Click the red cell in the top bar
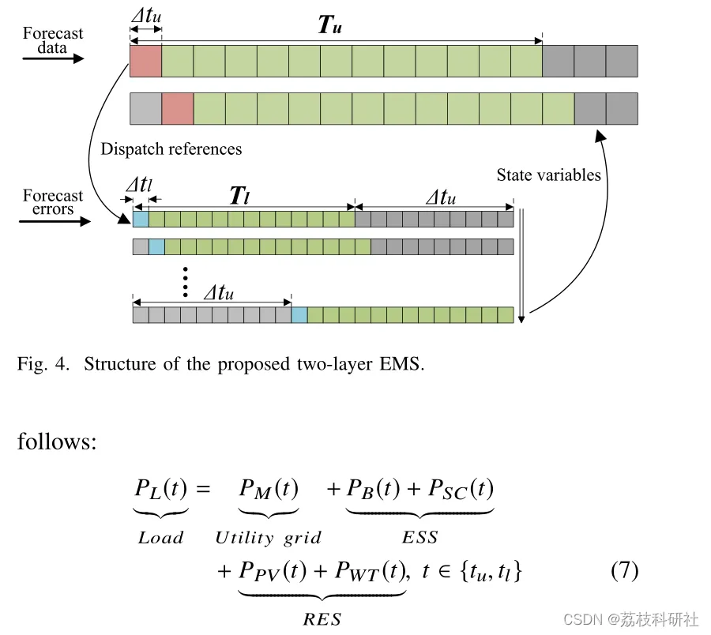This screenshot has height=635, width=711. point(145,61)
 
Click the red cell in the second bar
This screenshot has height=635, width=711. point(177,108)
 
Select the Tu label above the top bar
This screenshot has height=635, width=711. point(329,25)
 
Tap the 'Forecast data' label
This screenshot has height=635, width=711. point(53,40)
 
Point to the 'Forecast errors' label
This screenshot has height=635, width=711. point(53,202)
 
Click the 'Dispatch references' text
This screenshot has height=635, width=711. point(171,149)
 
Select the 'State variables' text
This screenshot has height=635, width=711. point(548,175)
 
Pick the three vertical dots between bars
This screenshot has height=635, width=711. point(185,282)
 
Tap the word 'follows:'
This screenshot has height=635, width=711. point(57,441)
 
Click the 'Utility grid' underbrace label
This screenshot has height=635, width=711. point(269,539)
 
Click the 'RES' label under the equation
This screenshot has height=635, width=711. point(322,619)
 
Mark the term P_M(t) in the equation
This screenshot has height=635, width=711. point(269,490)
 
